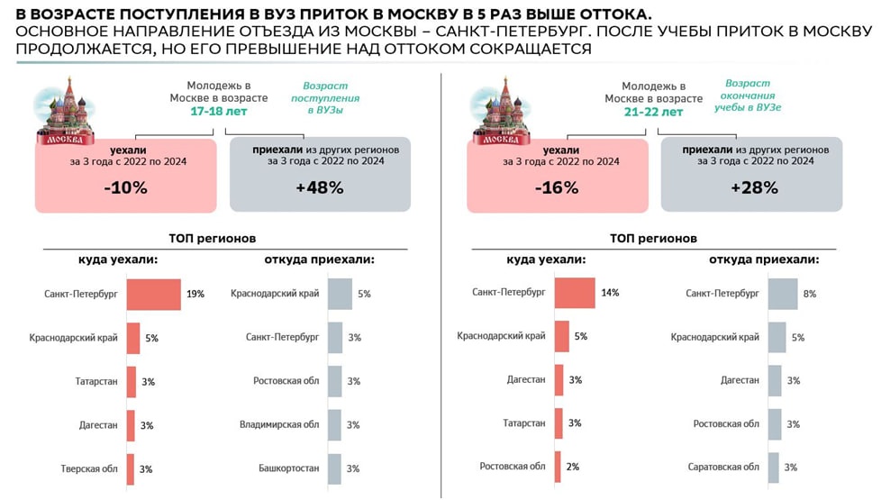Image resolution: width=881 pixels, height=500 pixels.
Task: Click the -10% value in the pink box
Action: click(125, 187)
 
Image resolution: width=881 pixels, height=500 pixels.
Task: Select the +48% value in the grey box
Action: click(320, 187)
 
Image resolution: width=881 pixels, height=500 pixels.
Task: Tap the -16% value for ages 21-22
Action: click(556, 187)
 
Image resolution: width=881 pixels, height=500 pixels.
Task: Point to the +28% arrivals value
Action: click(752, 187)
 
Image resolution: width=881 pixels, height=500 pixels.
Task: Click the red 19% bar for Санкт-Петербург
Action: click(153, 294)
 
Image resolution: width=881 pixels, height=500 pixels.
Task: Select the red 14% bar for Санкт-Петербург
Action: click(574, 293)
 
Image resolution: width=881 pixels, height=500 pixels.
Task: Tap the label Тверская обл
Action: click(89, 468)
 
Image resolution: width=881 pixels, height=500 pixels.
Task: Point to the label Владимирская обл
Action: click(279, 424)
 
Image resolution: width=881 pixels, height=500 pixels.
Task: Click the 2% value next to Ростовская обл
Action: click(574, 467)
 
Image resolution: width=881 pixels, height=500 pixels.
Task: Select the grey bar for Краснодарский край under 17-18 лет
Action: click(340, 294)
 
